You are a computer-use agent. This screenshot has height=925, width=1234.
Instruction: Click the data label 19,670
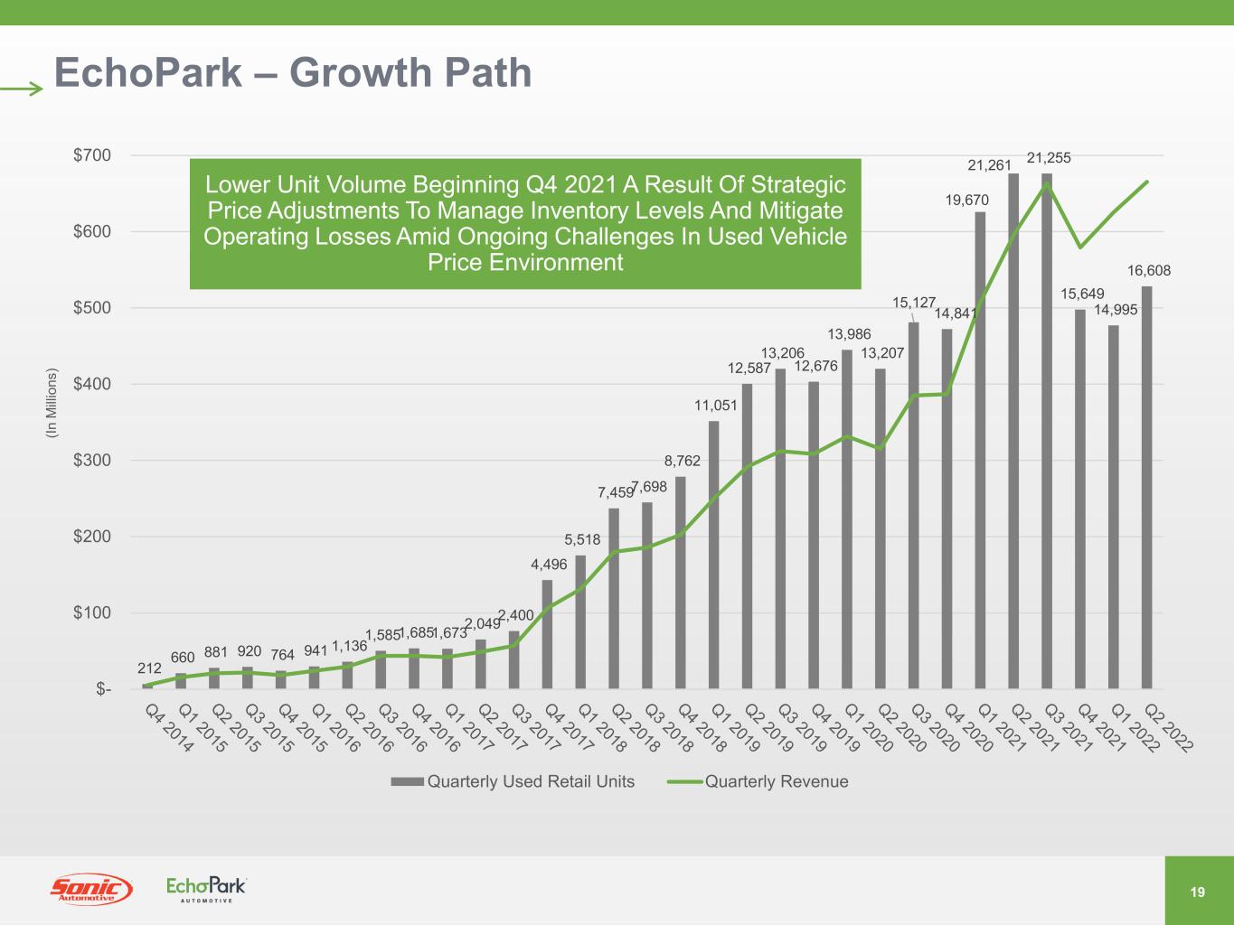967,201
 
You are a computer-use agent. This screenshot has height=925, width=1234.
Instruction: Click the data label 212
149,668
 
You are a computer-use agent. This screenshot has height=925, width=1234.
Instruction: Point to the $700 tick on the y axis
92,155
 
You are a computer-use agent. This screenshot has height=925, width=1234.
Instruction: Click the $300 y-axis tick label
92,461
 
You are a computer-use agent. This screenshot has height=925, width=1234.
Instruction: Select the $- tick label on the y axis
103,690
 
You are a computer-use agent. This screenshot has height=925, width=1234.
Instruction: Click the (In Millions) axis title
52,404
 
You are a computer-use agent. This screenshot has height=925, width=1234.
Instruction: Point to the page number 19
1198,892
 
